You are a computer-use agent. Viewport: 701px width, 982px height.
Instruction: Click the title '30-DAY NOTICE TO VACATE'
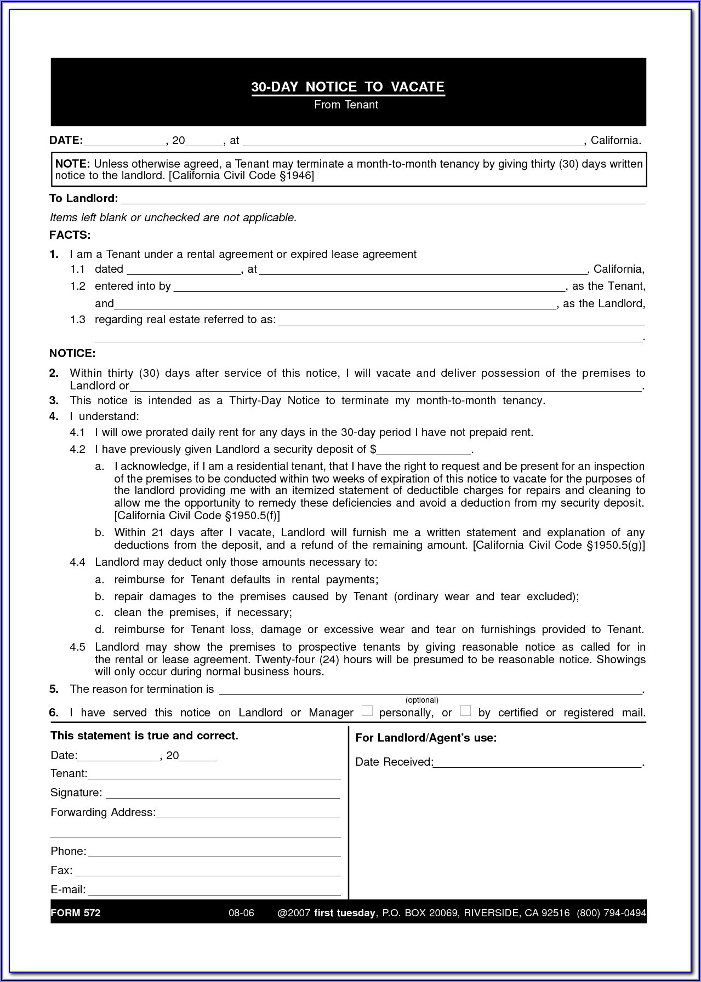click(347, 87)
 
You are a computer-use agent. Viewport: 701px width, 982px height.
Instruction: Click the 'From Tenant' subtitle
click(346, 105)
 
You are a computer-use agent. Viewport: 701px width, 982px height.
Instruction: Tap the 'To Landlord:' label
click(83, 198)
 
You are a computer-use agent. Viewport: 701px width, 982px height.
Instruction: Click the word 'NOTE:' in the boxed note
click(72, 164)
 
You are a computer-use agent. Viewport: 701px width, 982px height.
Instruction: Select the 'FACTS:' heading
click(70, 235)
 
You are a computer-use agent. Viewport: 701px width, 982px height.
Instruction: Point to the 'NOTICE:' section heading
click(72, 353)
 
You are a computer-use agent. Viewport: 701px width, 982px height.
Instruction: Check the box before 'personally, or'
click(367, 711)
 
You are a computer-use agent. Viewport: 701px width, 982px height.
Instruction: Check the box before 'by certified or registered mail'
click(465, 711)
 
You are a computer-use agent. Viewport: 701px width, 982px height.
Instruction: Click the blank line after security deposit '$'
click(424, 450)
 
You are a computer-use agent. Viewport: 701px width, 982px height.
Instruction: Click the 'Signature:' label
click(76, 793)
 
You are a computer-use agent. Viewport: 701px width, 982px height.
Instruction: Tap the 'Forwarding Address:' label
click(102, 812)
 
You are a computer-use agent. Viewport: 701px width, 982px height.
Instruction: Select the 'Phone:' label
click(69, 851)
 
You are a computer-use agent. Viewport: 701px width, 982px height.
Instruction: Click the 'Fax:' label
click(61, 870)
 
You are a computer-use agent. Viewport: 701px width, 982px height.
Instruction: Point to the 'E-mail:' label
click(68, 890)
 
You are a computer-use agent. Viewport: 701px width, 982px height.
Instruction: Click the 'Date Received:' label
click(394, 762)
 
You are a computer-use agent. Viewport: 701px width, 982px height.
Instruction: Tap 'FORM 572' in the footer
click(76, 913)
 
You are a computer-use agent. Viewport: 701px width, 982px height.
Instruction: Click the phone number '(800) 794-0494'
click(611, 913)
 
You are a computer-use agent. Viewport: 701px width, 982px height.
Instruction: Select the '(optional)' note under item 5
click(421, 700)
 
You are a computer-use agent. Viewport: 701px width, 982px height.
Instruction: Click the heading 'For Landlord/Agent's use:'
click(425, 738)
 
